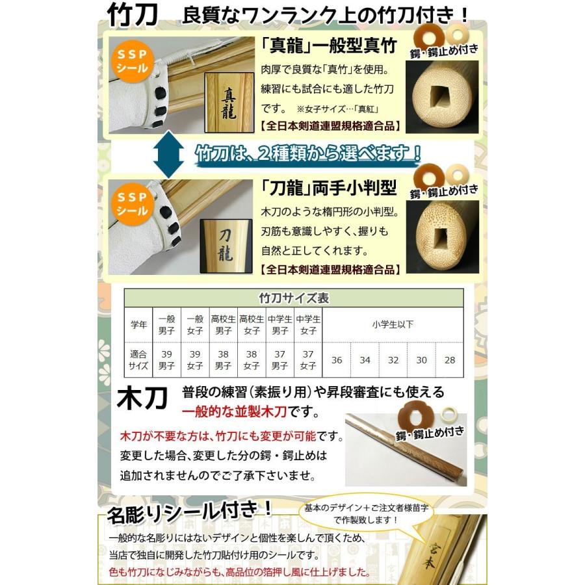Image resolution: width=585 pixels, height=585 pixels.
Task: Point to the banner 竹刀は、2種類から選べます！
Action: click(308, 154)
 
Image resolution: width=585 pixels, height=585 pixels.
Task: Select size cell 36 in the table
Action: click(337, 360)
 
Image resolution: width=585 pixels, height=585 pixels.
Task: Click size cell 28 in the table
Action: click(449, 360)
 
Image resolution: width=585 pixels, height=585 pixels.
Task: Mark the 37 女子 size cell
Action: click(307, 360)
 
